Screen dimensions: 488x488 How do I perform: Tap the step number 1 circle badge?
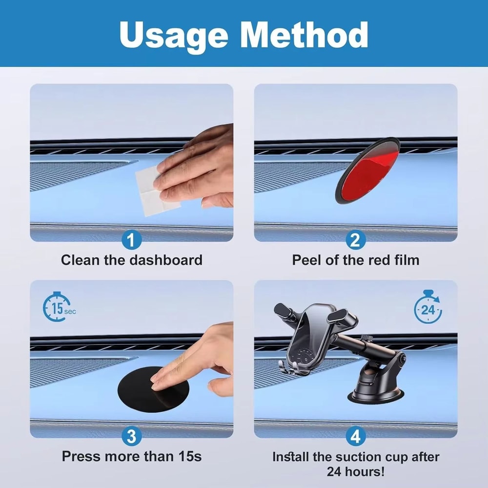coord(132,240)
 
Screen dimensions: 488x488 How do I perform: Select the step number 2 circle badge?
coord(356,240)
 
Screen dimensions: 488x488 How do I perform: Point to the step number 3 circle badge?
coord(132,436)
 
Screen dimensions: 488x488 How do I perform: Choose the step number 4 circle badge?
coord(356,436)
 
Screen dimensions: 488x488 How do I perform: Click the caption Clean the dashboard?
coord(132,260)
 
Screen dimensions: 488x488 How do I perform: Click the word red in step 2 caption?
coord(377,260)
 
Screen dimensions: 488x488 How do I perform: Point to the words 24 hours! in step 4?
coord(356,472)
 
